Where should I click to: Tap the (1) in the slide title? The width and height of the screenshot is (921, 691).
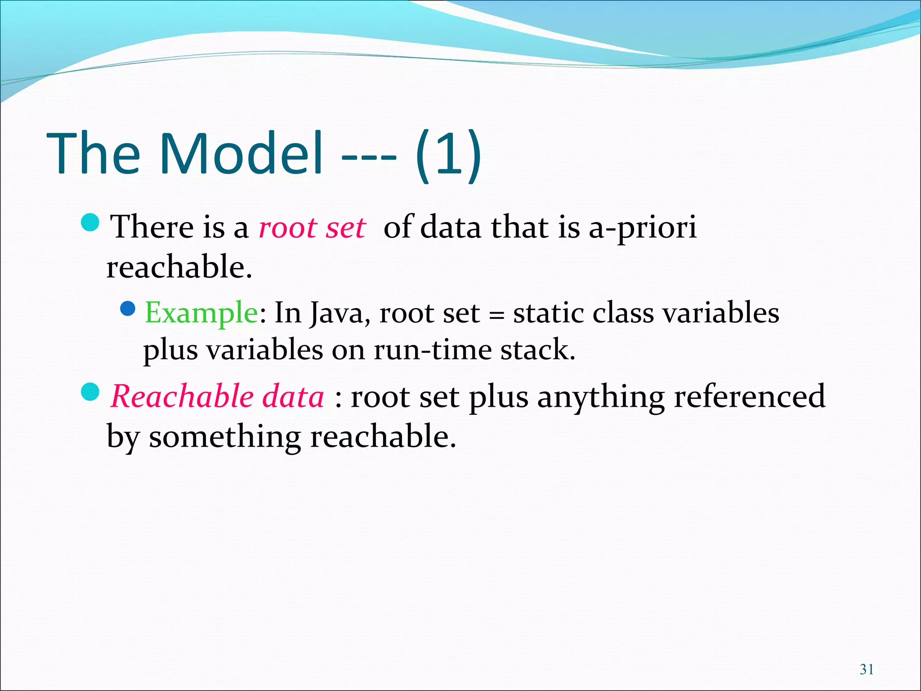[x=448, y=155]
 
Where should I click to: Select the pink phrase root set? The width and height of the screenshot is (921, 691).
[x=312, y=227]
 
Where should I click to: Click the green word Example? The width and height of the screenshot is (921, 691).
[x=201, y=312]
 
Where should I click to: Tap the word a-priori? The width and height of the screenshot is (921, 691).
[x=643, y=227]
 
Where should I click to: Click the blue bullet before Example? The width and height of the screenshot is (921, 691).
[x=128, y=309]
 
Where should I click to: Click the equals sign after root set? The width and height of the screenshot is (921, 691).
[x=496, y=314]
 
